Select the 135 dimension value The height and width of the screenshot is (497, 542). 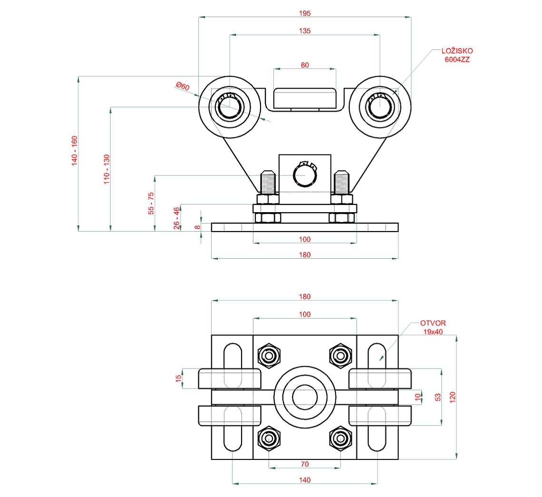(x=305, y=30)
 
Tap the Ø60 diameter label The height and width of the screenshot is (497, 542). (x=183, y=87)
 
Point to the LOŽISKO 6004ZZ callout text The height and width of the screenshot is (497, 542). (x=457, y=55)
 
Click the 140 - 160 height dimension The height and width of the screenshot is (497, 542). (x=74, y=151)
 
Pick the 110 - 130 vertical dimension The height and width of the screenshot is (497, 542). (x=107, y=169)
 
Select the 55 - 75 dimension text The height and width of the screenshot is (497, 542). (x=151, y=204)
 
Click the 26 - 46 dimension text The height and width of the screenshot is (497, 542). (x=177, y=218)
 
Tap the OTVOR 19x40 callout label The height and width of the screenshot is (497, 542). (x=433, y=327)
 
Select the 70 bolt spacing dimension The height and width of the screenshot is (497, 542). (x=305, y=464)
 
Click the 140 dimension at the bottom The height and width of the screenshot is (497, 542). (x=305, y=480)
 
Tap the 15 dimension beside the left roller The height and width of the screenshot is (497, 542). (x=179, y=379)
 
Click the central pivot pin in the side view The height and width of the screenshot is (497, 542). (x=304, y=175)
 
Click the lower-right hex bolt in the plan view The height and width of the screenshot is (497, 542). (x=340, y=438)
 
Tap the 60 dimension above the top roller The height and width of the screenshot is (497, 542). (x=305, y=65)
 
